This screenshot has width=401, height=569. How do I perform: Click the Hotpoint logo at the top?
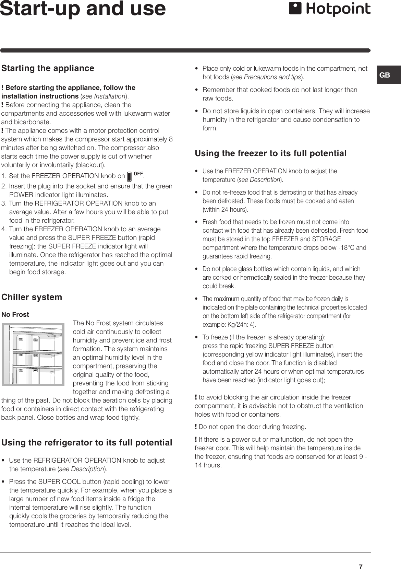(x=330, y=9)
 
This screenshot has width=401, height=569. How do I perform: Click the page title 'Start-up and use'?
(x=83, y=9)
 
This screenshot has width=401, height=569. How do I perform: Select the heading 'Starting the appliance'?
(x=48, y=68)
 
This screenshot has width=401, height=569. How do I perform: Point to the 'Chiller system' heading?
(x=32, y=297)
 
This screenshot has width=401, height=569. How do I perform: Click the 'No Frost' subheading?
(x=15, y=314)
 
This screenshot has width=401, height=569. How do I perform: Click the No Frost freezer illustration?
(x=33, y=354)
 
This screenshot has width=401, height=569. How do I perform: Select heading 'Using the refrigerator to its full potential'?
(x=87, y=442)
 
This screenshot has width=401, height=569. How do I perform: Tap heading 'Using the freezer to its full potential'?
(x=270, y=153)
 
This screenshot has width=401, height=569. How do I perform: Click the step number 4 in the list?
(x=3, y=229)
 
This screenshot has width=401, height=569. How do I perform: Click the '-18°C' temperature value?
(x=348, y=247)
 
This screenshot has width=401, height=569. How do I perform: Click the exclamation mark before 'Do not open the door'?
(x=196, y=427)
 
